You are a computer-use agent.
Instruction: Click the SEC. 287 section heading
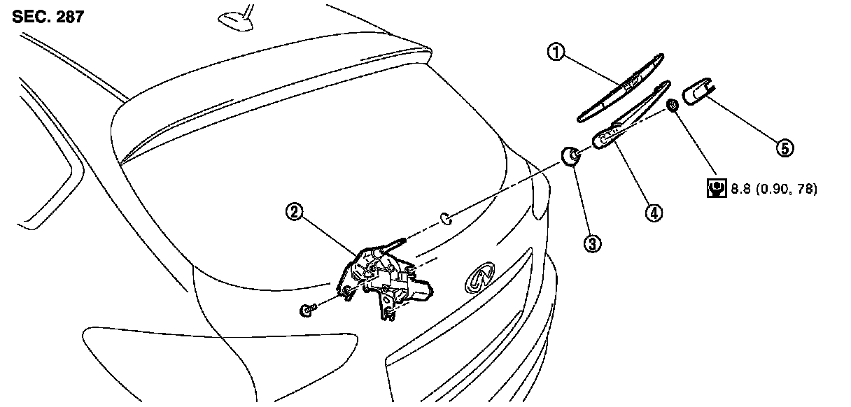[48, 17]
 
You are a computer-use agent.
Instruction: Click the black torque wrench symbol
[715, 188]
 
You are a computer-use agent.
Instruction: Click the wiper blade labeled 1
[620, 89]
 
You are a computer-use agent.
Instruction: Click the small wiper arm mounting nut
[673, 106]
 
